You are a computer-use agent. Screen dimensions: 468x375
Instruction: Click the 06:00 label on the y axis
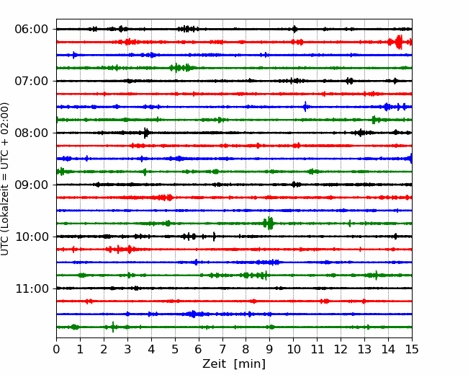pos(32,30)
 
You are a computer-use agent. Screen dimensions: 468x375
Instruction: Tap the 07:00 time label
pos(32,81)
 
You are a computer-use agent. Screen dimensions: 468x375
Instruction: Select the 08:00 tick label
pos(32,133)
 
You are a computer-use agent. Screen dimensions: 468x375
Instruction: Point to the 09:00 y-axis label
pos(32,185)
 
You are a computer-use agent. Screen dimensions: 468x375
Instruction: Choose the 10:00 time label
pos(32,237)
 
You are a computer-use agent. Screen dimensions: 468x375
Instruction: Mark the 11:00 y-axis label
pos(32,288)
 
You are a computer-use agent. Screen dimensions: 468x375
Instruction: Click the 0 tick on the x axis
pos(56,349)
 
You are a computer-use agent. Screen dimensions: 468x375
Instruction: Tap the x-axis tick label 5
pos(175,349)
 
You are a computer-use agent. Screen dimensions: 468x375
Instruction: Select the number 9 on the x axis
pos(270,349)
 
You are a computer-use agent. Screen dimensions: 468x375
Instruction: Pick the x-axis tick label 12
pos(341,349)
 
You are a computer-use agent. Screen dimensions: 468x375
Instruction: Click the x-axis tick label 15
pos(412,349)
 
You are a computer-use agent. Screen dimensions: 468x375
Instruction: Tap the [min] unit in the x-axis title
pos(250,364)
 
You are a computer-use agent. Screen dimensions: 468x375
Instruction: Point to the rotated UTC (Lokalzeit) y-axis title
pos(5,179)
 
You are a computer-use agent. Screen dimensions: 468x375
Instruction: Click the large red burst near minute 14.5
pos(399,42)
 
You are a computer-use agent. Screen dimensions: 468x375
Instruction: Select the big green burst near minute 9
pos(269,223)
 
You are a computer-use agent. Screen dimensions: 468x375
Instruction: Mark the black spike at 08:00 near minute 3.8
pos(145,133)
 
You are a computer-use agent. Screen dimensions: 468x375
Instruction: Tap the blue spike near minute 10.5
pos(305,107)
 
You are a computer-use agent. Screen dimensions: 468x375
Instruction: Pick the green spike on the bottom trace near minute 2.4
pos(113,327)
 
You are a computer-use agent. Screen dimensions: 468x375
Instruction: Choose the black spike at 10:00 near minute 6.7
pos(214,237)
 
